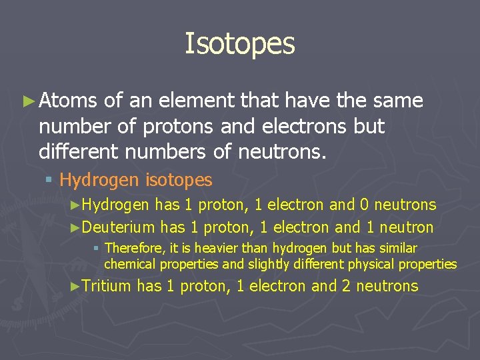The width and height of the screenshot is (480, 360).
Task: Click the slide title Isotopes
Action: coord(239,43)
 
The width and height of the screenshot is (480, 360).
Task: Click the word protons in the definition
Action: coord(178,127)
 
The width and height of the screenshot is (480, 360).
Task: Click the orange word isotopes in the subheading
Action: coord(179,180)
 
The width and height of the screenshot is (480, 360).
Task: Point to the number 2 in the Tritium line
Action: coord(347,287)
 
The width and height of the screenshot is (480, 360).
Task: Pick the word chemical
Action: coord(127,264)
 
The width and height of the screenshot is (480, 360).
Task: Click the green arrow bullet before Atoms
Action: coord(27,101)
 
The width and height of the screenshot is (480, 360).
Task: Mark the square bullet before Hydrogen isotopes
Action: coord(51,181)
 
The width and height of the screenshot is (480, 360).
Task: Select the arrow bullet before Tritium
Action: coord(75,287)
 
